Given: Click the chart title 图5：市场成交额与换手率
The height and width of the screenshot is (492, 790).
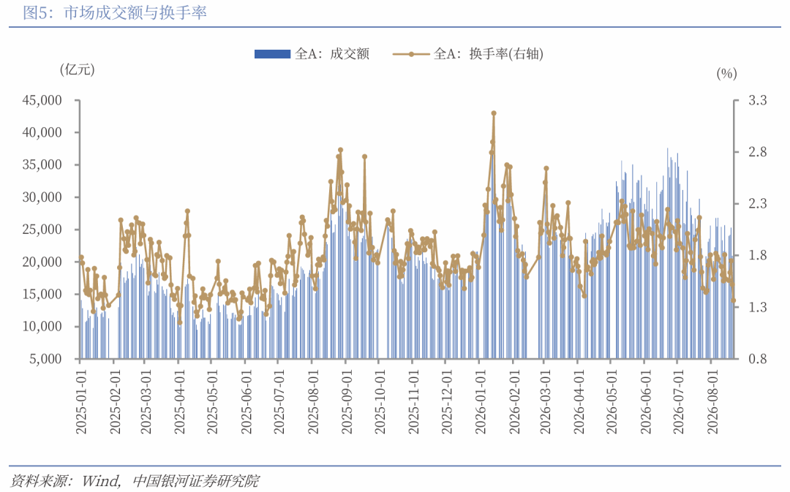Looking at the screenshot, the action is pos(115,12).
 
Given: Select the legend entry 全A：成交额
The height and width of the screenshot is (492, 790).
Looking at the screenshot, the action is pos(312,54).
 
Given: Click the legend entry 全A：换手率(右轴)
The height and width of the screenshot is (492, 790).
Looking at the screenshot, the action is pos(468,54).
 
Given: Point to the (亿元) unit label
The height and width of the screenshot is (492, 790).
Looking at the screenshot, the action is pos(77,69).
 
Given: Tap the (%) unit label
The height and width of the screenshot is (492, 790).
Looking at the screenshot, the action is pos(726,74).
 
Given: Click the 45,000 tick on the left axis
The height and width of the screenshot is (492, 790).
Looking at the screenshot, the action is pos(42,100).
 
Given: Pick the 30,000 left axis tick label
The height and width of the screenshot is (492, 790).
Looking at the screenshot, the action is pos(42,197).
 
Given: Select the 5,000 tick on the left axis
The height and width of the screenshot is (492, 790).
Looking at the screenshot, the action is pos(45,358).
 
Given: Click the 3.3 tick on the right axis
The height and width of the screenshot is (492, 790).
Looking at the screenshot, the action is pos(757,100).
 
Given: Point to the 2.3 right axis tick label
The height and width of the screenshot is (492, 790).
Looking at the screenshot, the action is pos(757,203).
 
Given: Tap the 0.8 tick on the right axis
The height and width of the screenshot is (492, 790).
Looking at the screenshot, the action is pos(757,358).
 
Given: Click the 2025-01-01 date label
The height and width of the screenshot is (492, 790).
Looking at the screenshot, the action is pos(81,401).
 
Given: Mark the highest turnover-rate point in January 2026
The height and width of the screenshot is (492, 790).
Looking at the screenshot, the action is pos(494,113).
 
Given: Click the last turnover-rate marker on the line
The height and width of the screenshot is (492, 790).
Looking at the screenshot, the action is pos(734,300).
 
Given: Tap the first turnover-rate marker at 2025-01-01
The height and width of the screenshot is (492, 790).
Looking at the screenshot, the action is pos(81,257).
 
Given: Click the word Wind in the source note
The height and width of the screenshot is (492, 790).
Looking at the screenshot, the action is pos(101,481).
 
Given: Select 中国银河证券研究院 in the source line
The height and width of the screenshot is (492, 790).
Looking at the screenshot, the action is pos(196,481).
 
